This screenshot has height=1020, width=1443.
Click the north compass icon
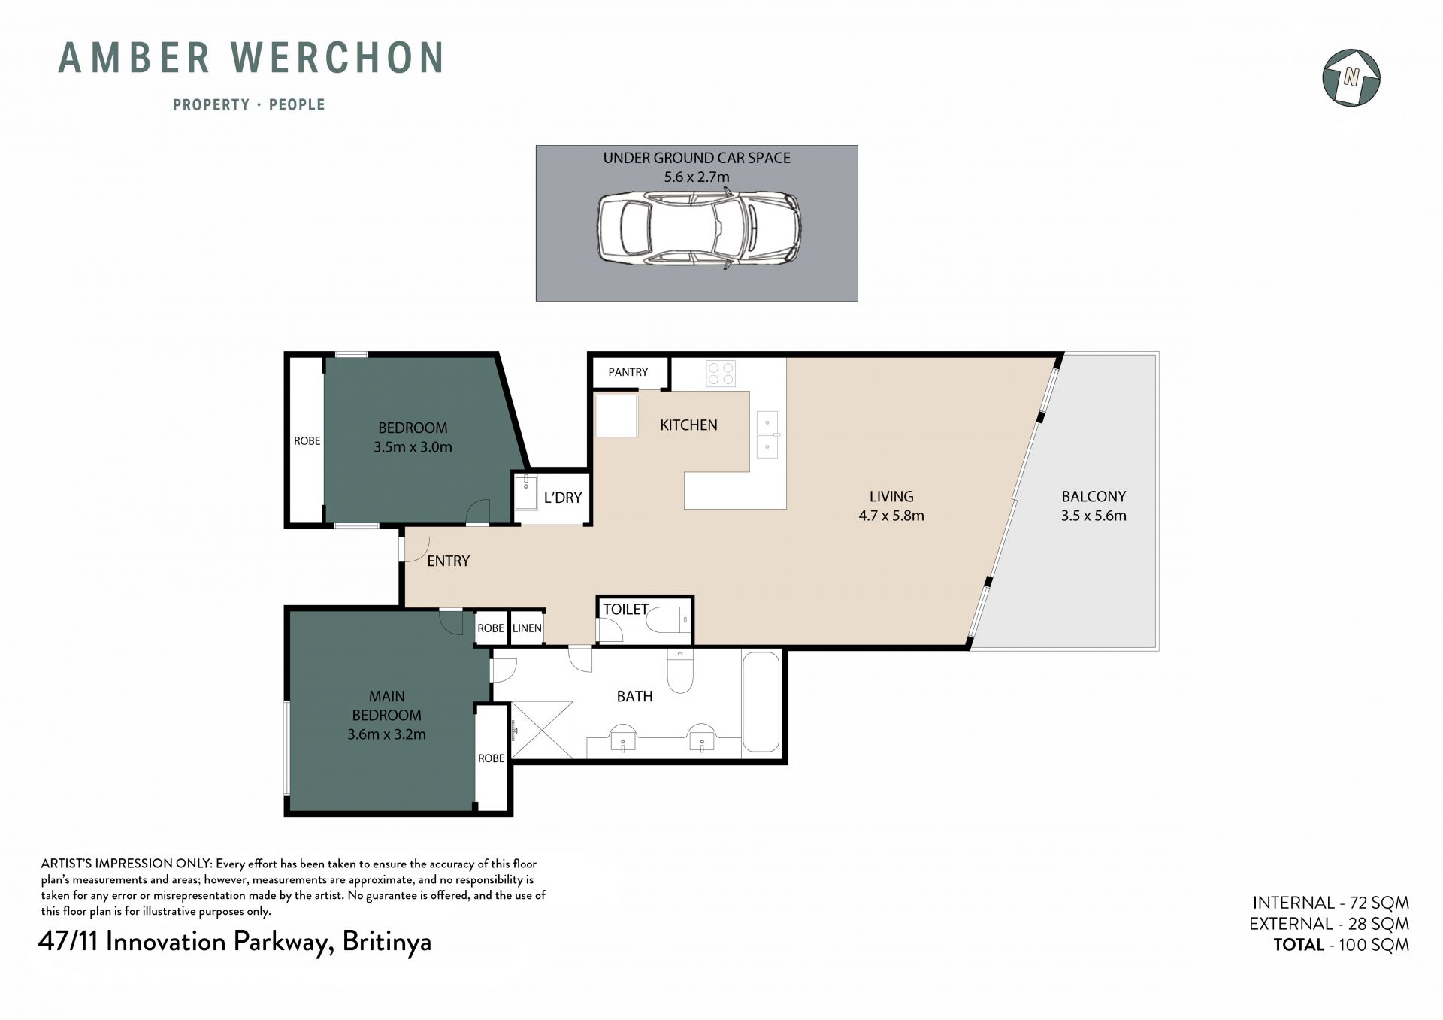click(1351, 77)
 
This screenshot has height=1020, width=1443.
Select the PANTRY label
click(628, 372)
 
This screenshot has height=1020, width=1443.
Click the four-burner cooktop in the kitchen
click(721, 374)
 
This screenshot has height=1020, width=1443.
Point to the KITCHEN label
click(688, 425)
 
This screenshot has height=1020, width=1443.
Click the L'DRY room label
click(563, 498)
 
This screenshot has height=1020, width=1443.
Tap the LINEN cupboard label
click(527, 628)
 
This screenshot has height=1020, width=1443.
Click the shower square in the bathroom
click(542, 730)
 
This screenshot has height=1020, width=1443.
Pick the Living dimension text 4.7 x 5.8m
click(891, 516)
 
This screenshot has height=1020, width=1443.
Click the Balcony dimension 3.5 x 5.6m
click(1094, 516)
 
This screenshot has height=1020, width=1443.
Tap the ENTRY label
click(448, 561)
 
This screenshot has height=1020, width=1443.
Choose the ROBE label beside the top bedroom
click(307, 441)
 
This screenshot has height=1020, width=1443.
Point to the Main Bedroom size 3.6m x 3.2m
click(386, 734)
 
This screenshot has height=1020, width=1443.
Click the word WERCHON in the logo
click(337, 59)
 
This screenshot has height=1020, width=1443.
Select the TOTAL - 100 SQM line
click(1341, 945)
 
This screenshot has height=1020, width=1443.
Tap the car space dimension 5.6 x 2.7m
click(697, 177)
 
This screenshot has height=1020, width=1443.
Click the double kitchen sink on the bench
click(767, 434)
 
